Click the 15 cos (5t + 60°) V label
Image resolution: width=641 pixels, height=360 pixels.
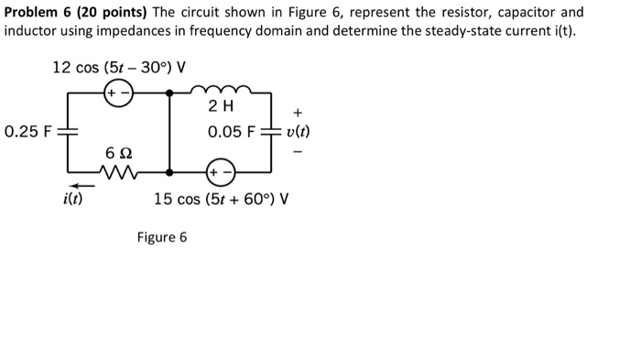point(222,198)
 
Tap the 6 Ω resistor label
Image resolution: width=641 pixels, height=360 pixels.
point(116,151)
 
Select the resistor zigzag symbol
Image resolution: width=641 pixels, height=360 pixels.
point(117,170)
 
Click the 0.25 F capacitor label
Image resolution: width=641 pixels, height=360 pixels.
point(27,131)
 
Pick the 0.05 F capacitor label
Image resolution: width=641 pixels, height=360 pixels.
point(232,132)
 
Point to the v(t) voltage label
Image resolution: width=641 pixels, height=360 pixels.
point(299,131)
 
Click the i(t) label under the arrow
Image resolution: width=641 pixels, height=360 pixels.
point(71,198)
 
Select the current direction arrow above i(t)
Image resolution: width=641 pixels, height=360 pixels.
point(71,183)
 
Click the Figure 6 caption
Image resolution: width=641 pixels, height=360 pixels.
point(161,237)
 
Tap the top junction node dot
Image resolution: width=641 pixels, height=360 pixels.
point(168,93)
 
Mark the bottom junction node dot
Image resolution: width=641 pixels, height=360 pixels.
point(168,171)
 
